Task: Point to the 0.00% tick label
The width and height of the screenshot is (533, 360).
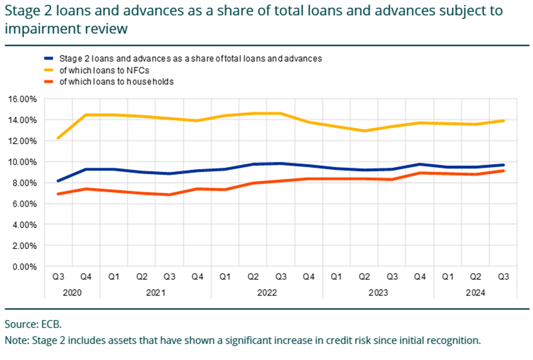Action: (x=24, y=267)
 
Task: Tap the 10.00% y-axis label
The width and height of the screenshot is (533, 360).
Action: (x=22, y=162)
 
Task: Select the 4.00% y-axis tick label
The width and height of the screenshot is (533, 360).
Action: (x=24, y=225)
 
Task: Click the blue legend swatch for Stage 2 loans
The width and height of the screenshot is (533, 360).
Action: (x=49, y=58)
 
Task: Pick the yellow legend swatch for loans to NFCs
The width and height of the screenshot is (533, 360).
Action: (x=49, y=70)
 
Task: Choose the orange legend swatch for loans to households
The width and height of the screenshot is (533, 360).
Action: (x=49, y=82)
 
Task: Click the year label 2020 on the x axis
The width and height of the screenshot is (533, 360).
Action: (x=72, y=293)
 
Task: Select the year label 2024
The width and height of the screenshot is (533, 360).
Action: (x=475, y=293)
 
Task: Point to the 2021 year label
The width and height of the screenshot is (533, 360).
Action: (x=155, y=293)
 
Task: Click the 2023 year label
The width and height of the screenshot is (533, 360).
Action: (x=378, y=293)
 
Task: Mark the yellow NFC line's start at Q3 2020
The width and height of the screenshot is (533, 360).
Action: (x=58, y=138)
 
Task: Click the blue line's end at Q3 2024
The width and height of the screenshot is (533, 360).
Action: (x=503, y=165)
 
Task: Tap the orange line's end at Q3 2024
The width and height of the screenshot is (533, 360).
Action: (x=503, y=171)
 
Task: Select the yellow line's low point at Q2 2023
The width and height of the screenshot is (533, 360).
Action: (x=364, y=131)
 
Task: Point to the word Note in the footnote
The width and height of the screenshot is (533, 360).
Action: (x=15, y=341)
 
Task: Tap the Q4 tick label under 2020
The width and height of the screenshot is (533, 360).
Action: (x=86, y=278)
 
